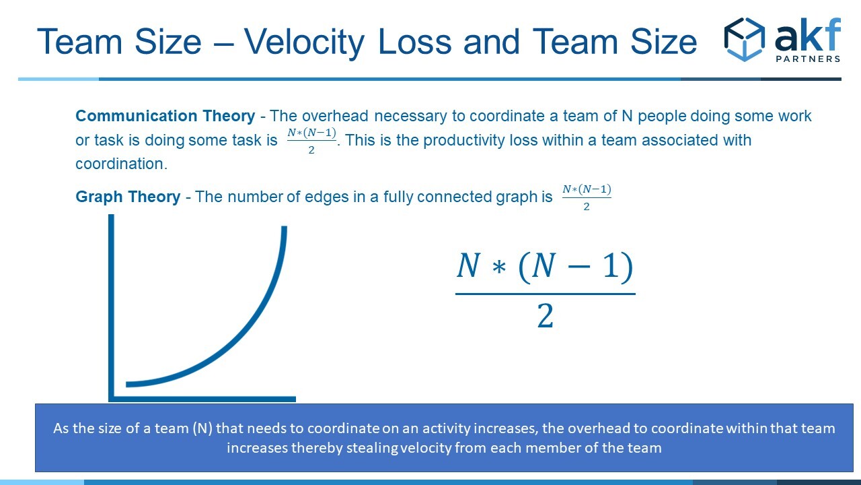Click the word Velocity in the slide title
click(x=304, y=42)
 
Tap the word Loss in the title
click(x=414, y=42)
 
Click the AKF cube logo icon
click(x=744, y=39)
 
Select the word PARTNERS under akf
click(x=808, y=59)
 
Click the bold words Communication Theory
click(x=165, y=116)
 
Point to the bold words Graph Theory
click(x=128, y=197)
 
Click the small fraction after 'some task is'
click(x=311, y=141)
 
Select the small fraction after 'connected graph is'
click(x=587, y=197)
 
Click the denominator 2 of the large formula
click(x=545, y=316)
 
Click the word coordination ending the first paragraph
click(x=122, y=164)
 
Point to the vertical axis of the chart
click(x=111, y=308)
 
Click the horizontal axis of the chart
click(x=202, y=399)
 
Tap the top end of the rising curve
click(x=285, y=227)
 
